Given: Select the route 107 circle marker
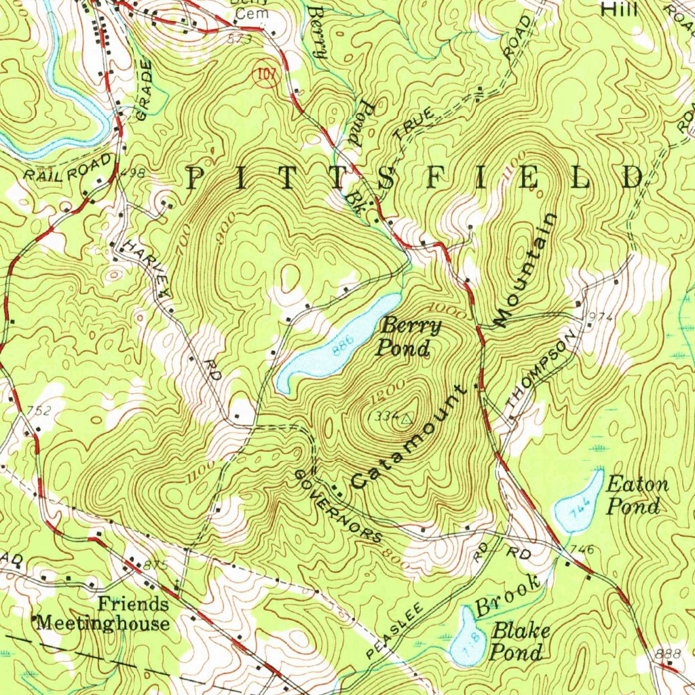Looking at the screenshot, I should click(266, 75).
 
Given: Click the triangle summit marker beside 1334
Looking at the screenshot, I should click(407, 419).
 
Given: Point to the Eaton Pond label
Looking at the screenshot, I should click(636, 495).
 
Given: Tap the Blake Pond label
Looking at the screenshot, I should click(519, 641).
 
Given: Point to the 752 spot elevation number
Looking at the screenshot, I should click(38, 409).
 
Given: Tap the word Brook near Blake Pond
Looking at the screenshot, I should click(508, 595).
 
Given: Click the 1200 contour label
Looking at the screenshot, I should click(383, 393).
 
